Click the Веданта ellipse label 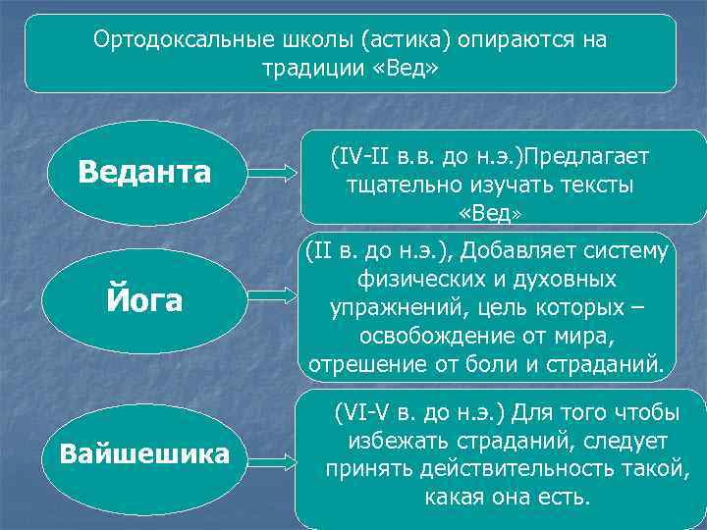tap(144, 174)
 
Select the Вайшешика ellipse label tap(144, 454)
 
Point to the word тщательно tap(392, 185)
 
